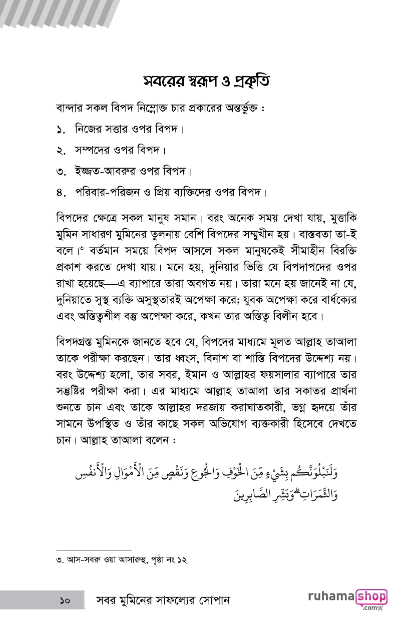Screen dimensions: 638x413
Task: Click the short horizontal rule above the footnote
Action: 94,549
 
